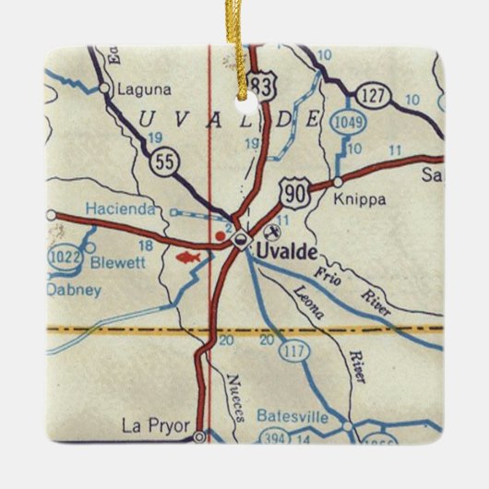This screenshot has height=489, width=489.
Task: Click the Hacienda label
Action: click(120, 209)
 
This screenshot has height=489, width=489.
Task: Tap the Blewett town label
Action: click(119, 261)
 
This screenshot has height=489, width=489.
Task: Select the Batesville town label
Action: click(292, 416)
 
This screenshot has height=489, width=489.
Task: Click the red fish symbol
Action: click(188, 256)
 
